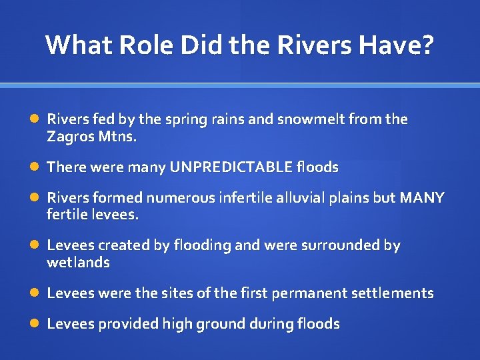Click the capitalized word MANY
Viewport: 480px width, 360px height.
[x=421, y=198]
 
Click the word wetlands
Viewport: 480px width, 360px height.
[x=78, y=263]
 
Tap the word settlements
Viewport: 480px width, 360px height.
[x=397, y=293]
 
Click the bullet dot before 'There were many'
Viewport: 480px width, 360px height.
[x=35, y=167]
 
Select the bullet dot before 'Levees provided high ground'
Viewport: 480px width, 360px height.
[x=35, y=324]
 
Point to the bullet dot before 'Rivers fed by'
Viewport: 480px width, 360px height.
[x=35, y=119]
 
